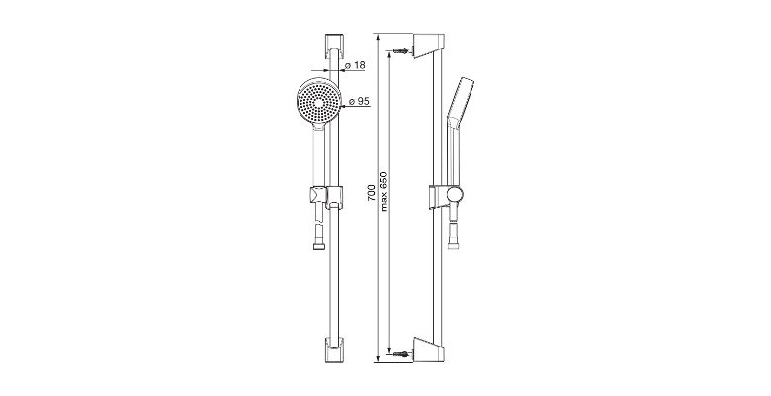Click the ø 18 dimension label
click(355, 65)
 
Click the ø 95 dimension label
click(359, 101)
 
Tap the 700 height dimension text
click(372, 192)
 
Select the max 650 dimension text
click(385, 192)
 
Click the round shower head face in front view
click(319, 102)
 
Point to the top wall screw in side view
click(400, 50)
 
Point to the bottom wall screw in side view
click(400, 353)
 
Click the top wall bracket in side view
click(429, 46)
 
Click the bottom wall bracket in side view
click(429, 349)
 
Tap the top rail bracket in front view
click(334, 47)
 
